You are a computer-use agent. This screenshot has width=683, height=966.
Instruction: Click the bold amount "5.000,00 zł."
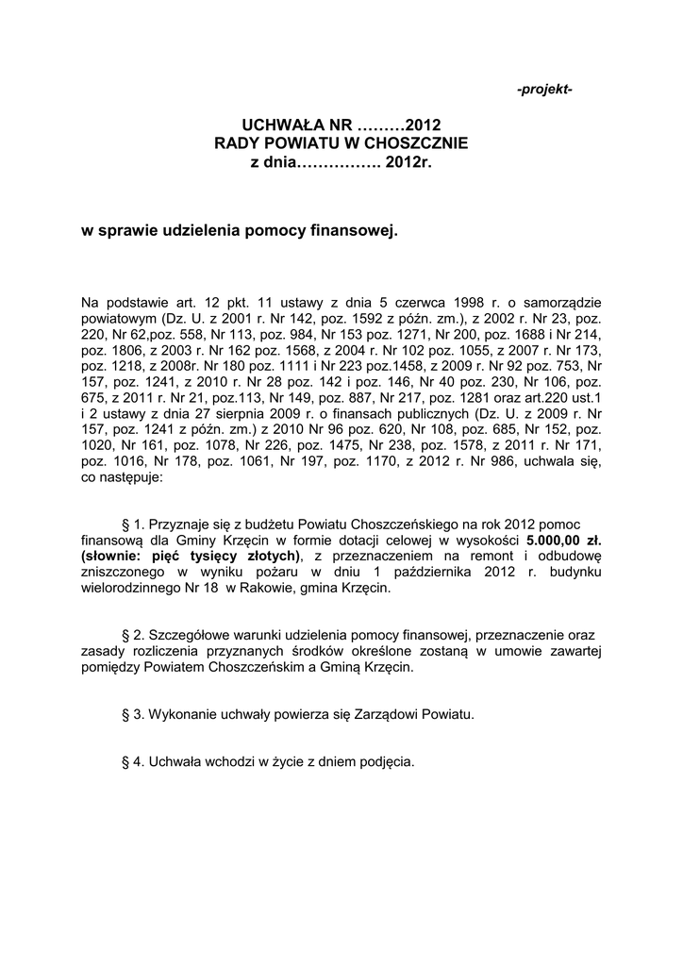564,540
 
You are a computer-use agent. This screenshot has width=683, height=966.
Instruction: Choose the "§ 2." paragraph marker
135,635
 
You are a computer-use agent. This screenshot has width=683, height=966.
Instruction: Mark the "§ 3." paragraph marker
135,714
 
